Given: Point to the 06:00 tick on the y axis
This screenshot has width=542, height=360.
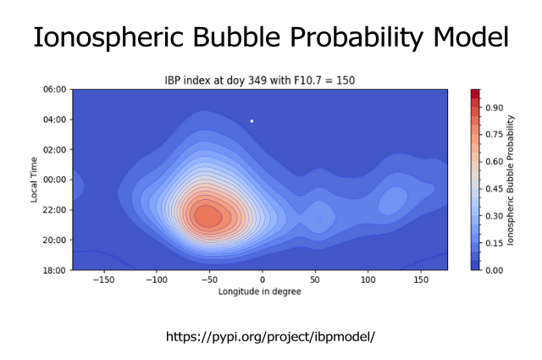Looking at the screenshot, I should tap(55, 89).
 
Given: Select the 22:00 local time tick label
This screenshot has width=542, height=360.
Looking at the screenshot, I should tap(55, 209).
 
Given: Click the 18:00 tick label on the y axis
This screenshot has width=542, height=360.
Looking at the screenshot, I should tap(55, 270).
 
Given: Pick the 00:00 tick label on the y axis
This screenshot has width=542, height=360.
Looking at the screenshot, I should tap(55, 180).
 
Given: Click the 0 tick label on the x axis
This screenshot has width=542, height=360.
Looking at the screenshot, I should tap(263, 279).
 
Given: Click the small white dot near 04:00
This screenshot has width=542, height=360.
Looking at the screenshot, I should tap(252, 121).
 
